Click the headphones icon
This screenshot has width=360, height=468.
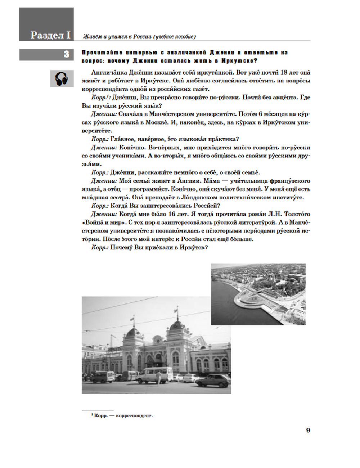tap(62, 79)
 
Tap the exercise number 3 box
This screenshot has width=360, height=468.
tap(66, 54)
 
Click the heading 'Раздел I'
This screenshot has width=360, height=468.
tap(50, 35)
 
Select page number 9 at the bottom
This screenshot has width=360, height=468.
tap(308, 430)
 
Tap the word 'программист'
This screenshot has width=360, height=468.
tap(148, 189)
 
